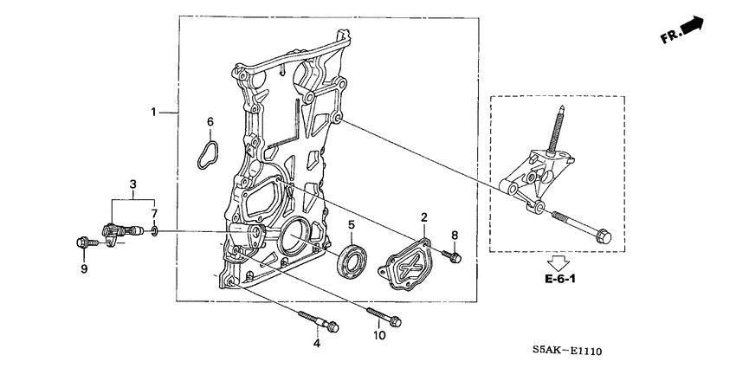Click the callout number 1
(x=153, y=113)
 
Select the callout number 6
(x=209, y=121)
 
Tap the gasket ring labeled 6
(x=204, y=153)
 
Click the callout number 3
(x=132, y=184)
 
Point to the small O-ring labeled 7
(x=153, y=232)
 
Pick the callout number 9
(x=85, y=269)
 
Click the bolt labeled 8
(x=453, y=255)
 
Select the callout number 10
(x=378, y=335)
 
